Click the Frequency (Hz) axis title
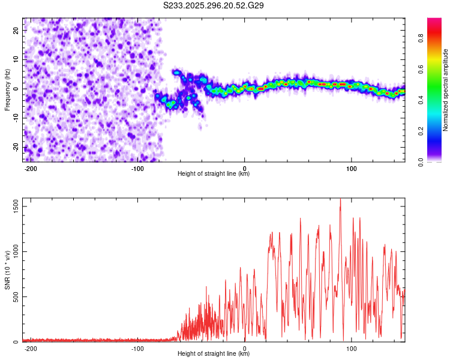tap(7, 90)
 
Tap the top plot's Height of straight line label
tap(214, 173)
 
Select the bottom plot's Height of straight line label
tap(214, 353)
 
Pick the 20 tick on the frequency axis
tap(16, 31)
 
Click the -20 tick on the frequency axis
tap(15, 148)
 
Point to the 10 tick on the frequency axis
tap(16, 60)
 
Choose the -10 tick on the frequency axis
tap(15, 118)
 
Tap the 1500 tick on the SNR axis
tap(13, 206)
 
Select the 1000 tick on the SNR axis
tap(13, 252)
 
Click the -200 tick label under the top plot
tap(31, 167)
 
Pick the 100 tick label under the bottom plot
tap(352, 347)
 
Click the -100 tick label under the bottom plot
tap(137, 347)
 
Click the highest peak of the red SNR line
tap(340, 200)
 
